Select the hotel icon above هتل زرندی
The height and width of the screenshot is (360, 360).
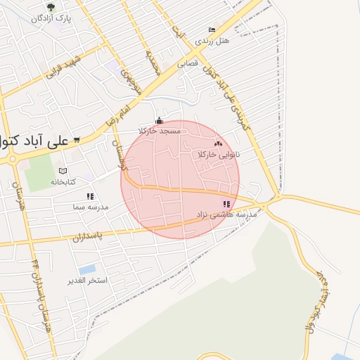(212, 30)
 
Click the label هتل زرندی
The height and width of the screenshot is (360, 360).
(212, 41)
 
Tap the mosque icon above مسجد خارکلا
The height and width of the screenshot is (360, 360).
(160, 120)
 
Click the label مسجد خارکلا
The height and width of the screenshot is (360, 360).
(160, 131)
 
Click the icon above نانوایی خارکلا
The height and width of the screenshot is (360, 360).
(218, 143)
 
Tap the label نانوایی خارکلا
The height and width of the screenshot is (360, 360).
(219, 153)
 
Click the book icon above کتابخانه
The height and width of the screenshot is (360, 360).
(63, 171)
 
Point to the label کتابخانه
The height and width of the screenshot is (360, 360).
(63, 181)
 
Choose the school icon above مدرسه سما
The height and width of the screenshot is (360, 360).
(89, 197)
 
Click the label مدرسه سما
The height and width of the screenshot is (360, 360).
(89, 207)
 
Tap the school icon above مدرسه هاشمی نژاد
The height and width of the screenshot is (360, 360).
(226, 205)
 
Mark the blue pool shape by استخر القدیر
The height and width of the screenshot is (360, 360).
(87, 270)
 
